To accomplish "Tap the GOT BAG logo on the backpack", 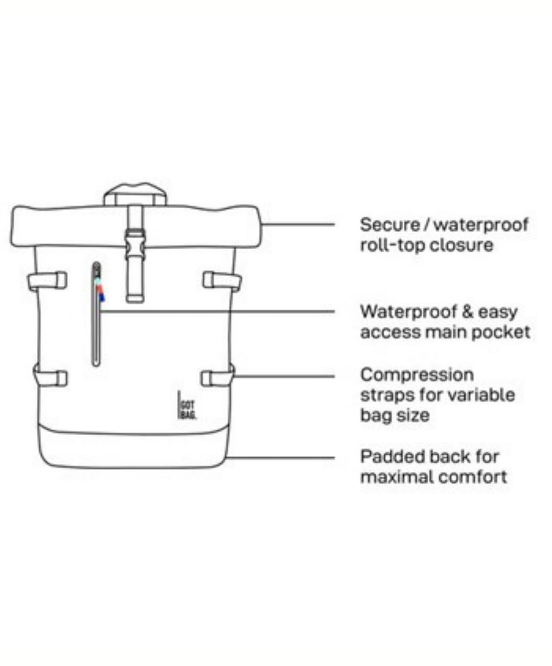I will pos(187,406).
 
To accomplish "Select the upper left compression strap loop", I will pos(48,280).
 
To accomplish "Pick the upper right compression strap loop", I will pos(221,280).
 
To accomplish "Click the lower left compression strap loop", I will pos(50,377).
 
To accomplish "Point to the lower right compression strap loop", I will pos(217,378).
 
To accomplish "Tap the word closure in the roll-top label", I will pos(461,245).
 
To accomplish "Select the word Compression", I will pos(417,374).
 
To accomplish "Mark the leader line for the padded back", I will pos(281,457).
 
